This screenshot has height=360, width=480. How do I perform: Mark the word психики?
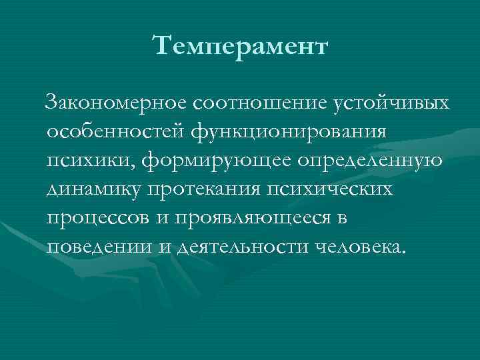click(x=85, y=161)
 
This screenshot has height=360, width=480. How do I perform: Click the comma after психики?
click(x=125, y=167)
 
